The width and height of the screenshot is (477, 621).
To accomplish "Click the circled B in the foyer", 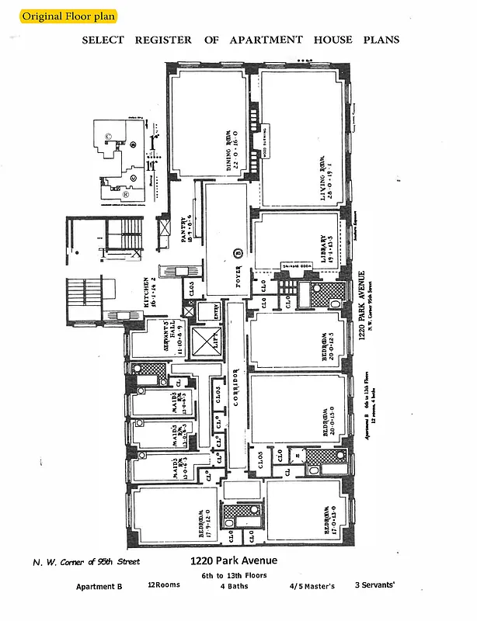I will point(239,253).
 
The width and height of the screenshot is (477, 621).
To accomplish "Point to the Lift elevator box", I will point(205,342).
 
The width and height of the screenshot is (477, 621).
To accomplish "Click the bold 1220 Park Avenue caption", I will point(233,560).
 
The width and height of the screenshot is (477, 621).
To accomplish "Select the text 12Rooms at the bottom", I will point(164,585).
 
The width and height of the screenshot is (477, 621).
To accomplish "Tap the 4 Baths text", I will point(233,586).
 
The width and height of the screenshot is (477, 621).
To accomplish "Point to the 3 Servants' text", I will point(375,585).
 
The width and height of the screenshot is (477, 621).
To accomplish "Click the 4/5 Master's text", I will point(312,586).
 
